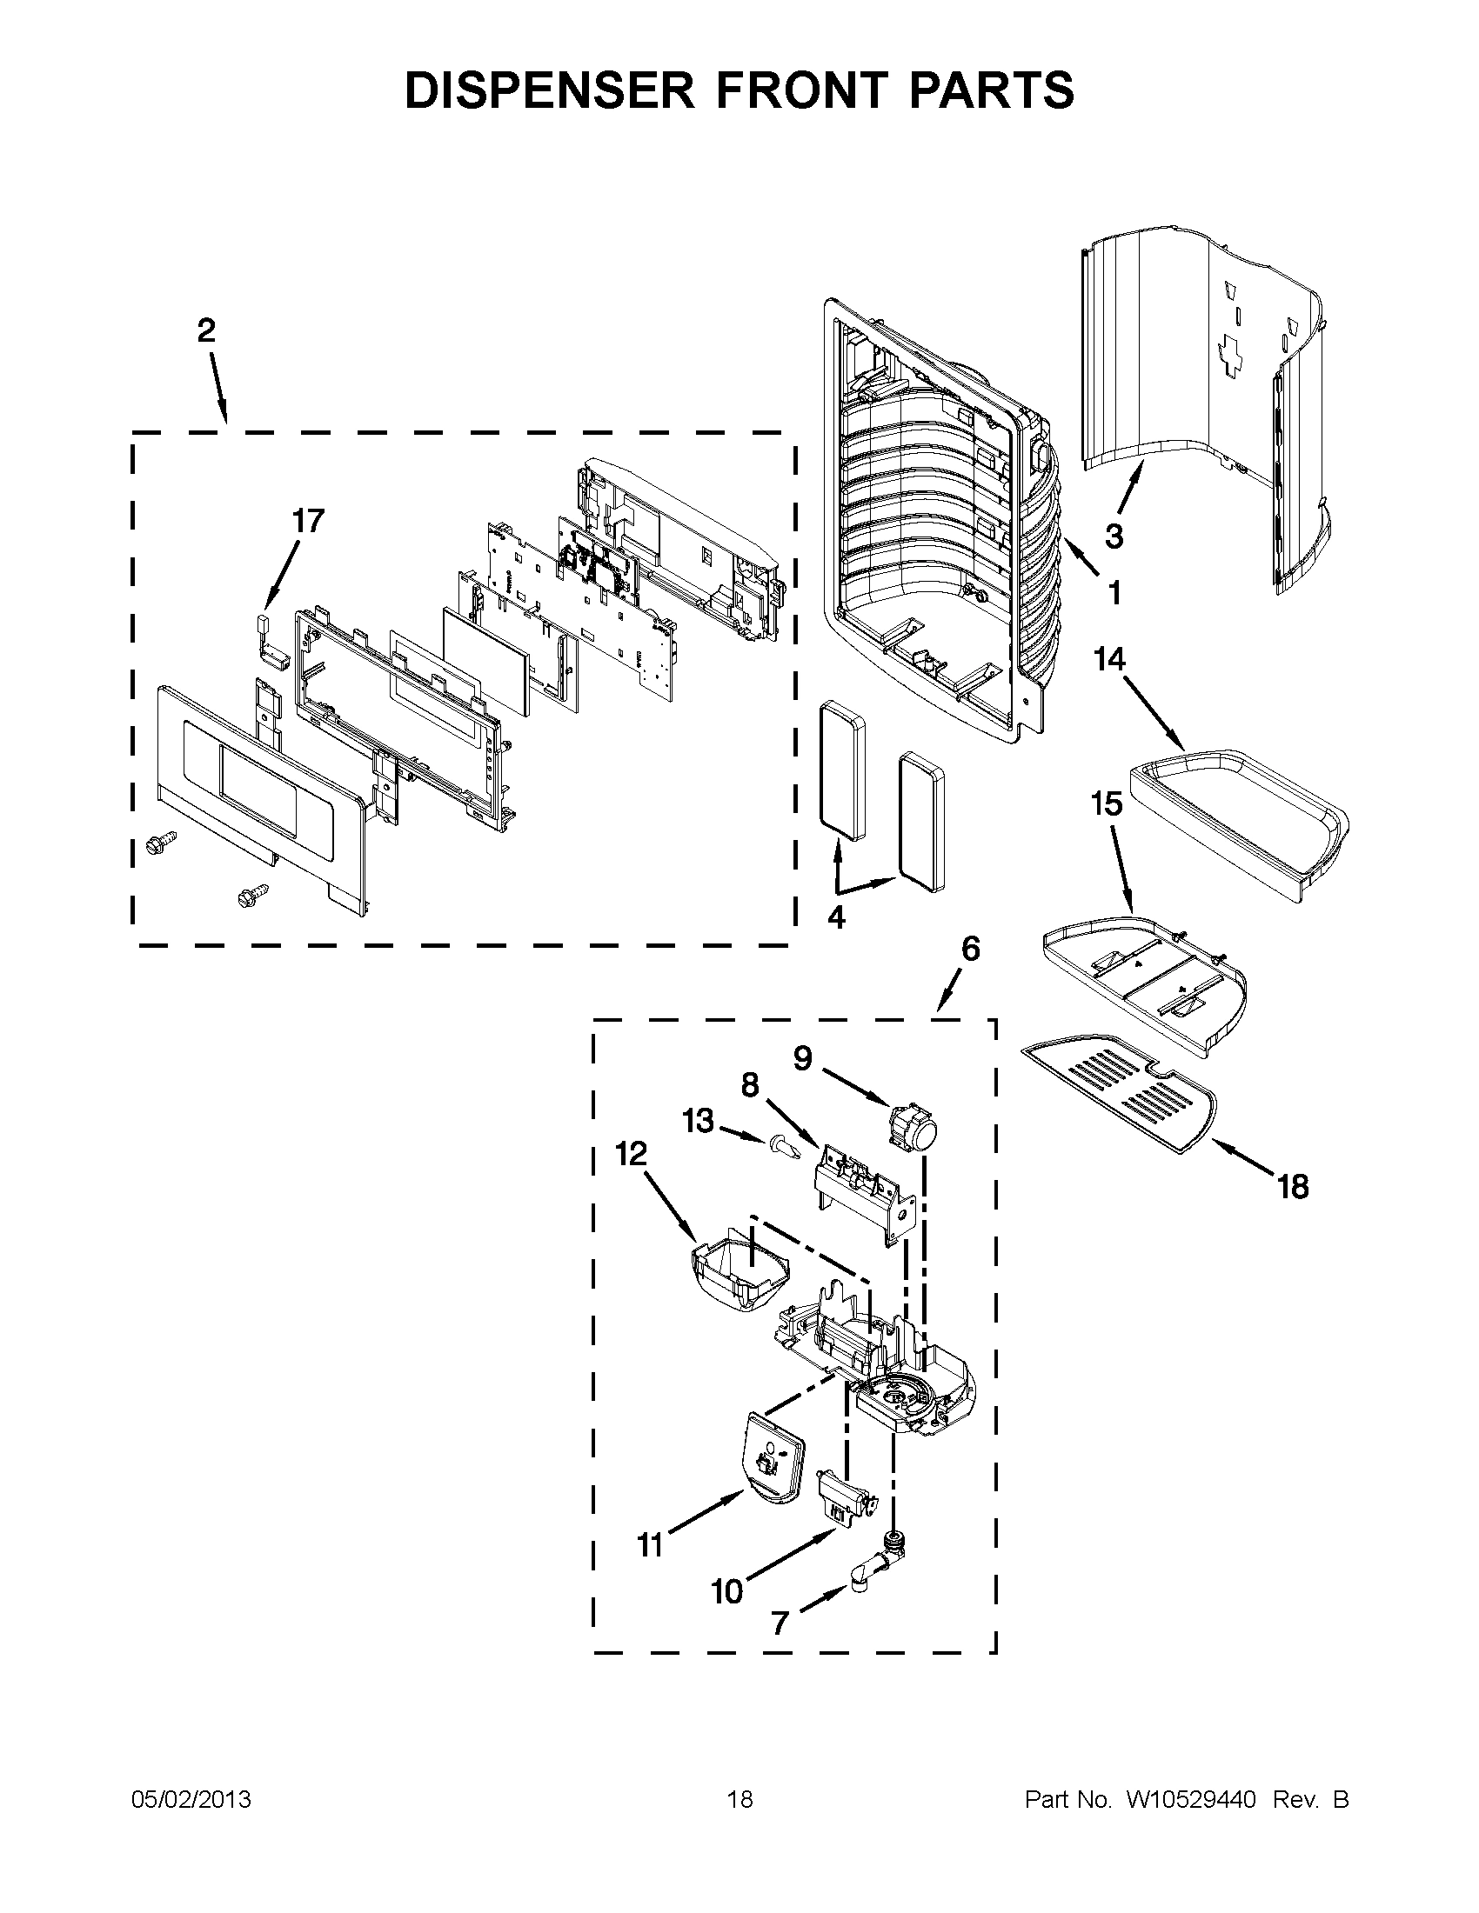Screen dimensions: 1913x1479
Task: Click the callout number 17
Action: (307, 521)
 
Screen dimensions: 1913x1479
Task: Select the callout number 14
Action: (1109, 659)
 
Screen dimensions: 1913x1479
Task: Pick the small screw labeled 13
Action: (785, 1147)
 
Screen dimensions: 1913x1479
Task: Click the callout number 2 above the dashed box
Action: (206, 331)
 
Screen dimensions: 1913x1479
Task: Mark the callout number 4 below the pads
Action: (836, 917)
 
